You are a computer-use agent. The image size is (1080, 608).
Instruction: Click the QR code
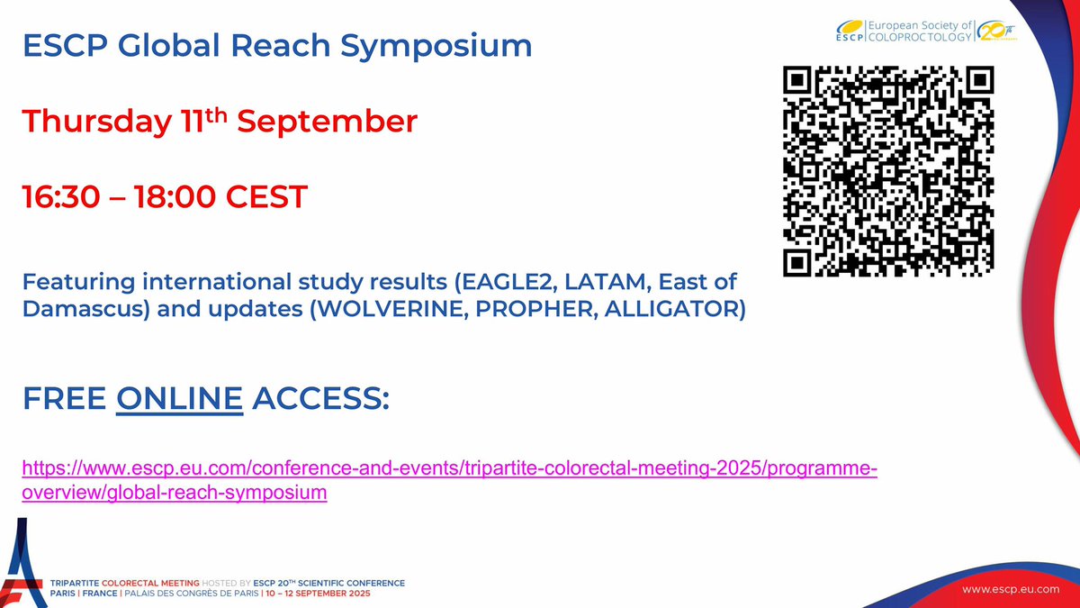pyautogui.click(x=889, y=172)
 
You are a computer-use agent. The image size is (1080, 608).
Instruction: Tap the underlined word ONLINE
pyautogui.click(x=180, y=397)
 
